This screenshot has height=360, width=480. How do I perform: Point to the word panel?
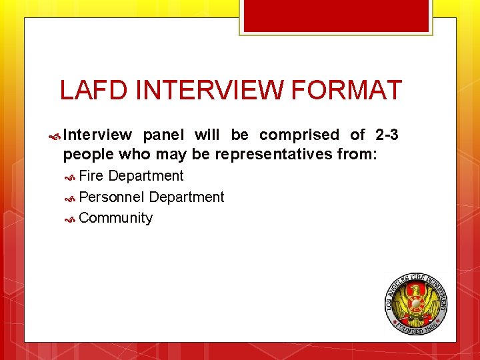(x=163, y=135)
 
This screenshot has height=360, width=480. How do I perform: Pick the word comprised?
(x=299, y=135)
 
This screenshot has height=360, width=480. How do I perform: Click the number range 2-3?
(x=387, y=135)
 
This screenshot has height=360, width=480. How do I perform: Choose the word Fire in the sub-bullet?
(x=91, y=176)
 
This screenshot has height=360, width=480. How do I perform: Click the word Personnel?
(x=112, y=197)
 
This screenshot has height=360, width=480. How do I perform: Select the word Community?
(x=116, y=218)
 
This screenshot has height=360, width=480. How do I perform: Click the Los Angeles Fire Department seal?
(x=417, y=303)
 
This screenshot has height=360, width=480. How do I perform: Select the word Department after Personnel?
(x=187, y=197)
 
